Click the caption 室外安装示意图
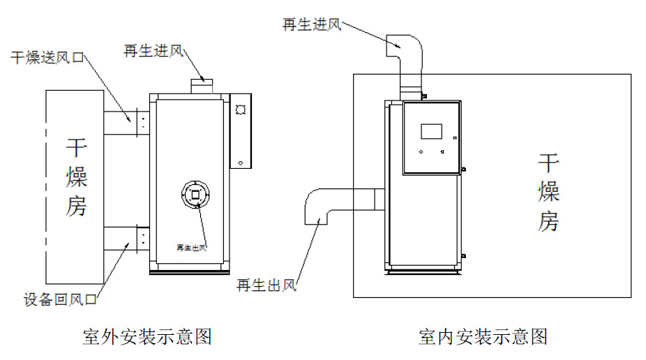click(x=147, y=336)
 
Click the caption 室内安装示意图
click(x=483, y=336)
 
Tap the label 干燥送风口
click(x=47, y=58)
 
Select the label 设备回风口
click(x=60, y=299)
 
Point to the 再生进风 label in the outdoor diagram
click(x=153, y=51)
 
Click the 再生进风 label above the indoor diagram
click(x=312, y=24)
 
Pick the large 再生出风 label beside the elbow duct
click(x=266, y=285)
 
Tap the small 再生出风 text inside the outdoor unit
click(x=191, y=248)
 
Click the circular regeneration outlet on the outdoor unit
click(x=196, y=195)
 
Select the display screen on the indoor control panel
click(x=431, y=131)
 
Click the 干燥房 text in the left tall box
click(x=76, y=177)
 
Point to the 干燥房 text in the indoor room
click(x=548, y=193)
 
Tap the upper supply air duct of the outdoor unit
click(x=120, y=123)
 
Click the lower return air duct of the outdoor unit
click(x=120, y=239)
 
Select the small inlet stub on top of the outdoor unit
click(x=202, y=87)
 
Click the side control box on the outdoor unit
click(x=241, y=131)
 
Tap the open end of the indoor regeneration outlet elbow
click(x=316, y=225)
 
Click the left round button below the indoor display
click(x=421, y=152)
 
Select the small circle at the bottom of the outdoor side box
click(x=241, y=163)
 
